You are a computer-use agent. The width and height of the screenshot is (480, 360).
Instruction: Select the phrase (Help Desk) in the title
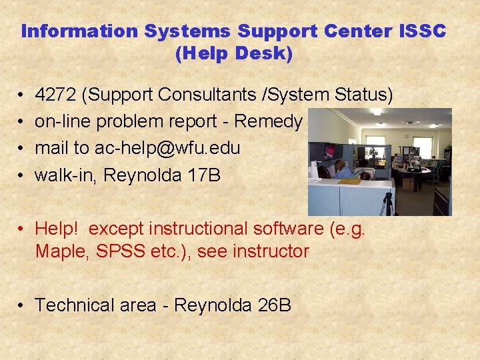pos(233,54)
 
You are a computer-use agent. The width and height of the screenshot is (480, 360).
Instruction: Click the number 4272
pos(55,95)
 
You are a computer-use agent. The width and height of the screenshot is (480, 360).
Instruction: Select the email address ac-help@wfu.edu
pos(167,148)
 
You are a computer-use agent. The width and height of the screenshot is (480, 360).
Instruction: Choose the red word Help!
pos(57,229)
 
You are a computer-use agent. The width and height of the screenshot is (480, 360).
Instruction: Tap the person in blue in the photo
pos(341,169)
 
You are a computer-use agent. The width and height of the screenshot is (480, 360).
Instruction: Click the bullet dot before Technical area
pos(22,305)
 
